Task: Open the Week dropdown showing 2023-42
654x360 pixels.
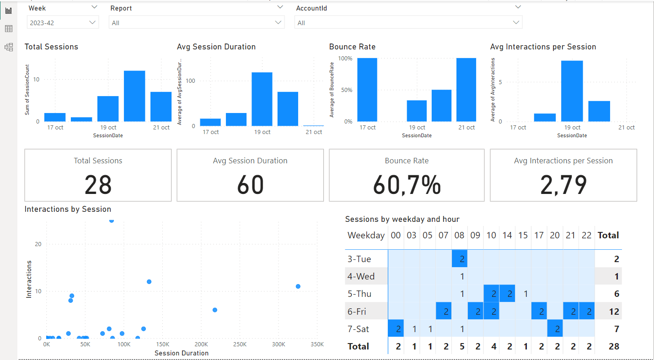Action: pyautogui.click(x=63, y=22)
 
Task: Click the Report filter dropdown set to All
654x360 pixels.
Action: pyautogui.click(x=196, y=22)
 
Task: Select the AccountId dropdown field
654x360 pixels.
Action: pyautogui.click(x=408, y=22)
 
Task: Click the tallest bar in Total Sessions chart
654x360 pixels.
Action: pyautogui.click(x=134, y=96)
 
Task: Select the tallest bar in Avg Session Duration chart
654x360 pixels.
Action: pyautogui.click(x=262, y=99)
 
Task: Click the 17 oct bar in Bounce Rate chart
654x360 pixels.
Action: pyautogui.click(x=367, y=90)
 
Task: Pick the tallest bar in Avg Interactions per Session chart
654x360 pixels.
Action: pyautogui.click(x=572, y=91)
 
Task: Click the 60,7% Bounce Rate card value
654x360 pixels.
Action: pyautogui.click(x=407, y=185)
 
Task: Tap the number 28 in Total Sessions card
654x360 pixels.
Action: pyautogui.click(x=98, y=185)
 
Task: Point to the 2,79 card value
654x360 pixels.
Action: pyautogui.click(x=563, y=185)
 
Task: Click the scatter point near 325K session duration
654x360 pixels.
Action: pyautogui.click(x=298, y=286)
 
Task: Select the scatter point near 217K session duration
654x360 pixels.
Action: pyautogui.click(x=215, y=310)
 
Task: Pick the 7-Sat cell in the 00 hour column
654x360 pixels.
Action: pyautogui.click(x=396, y=329)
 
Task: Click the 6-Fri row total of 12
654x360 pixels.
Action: pyautogui.click(x=614, y=312)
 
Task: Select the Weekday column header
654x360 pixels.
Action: pyautogui.click(x=366, y=236)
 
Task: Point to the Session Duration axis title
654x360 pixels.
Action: pyautogui.click(x=182, y=353)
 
